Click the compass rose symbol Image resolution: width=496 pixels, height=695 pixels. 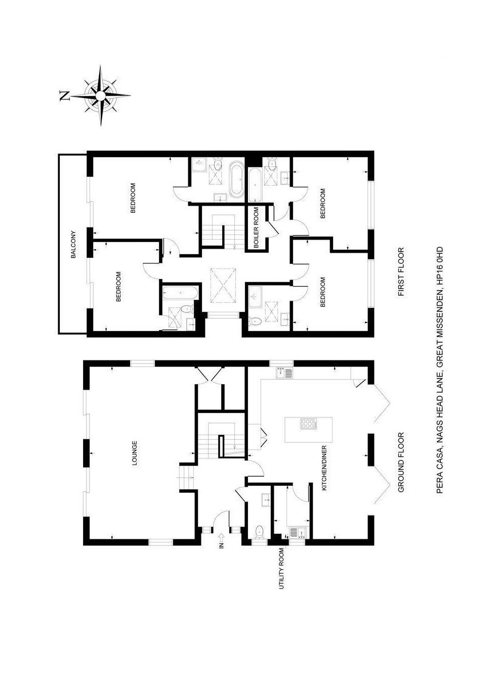tap(100, 95)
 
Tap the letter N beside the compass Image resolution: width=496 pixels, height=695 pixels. tap(65, 96)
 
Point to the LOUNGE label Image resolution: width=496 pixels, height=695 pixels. tap(135, 453)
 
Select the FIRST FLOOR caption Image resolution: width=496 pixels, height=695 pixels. tap(401, 271)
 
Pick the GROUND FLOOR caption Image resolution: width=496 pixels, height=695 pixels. tap(401, 462)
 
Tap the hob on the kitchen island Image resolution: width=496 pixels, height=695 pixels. tap(308, 424)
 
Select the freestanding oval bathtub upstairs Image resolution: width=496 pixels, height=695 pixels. tap(236, 180)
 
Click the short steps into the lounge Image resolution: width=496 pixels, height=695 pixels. tap(186, 476)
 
